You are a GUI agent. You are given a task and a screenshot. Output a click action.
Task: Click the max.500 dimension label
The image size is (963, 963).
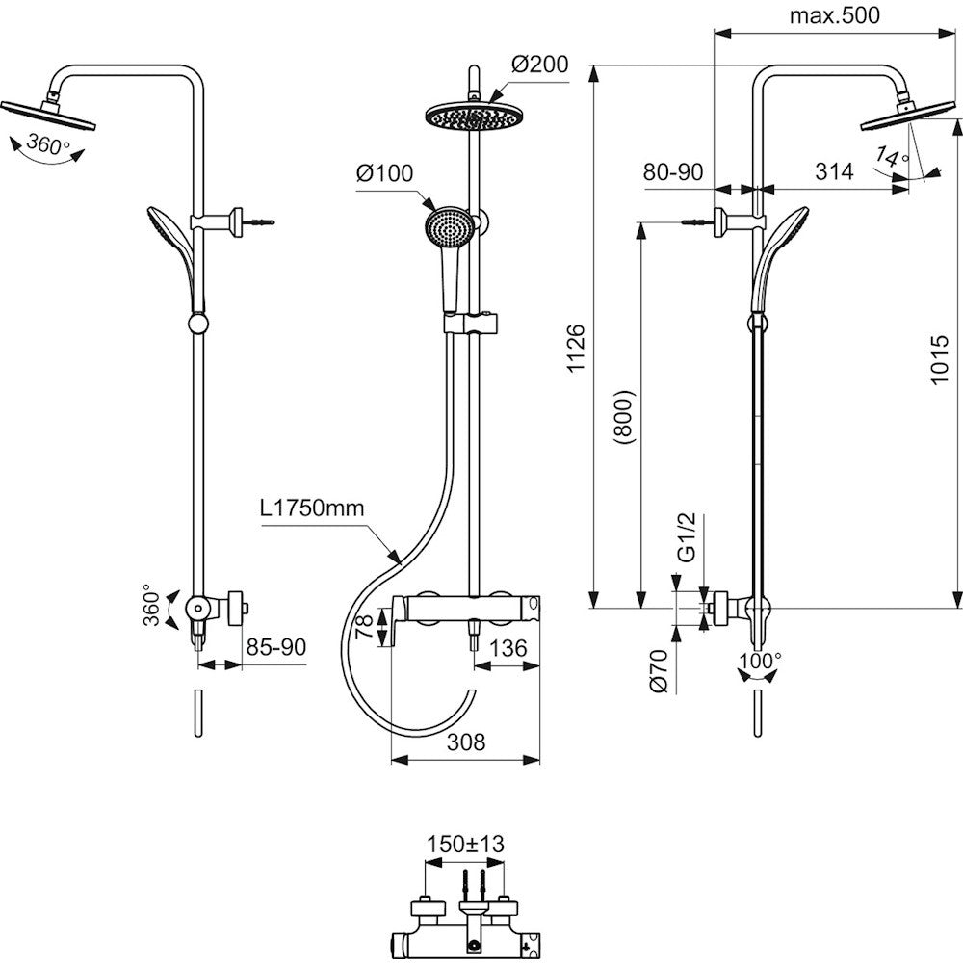pos(834,15)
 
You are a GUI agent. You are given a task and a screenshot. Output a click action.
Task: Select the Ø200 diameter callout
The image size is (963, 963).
pos(539,65)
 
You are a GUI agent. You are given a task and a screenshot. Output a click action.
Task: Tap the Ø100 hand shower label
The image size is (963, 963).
pos(383,174)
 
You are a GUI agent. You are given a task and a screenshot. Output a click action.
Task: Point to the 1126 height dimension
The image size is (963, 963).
pos(575,349)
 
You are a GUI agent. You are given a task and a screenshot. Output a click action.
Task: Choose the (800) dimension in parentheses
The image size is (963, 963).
pos(623,416)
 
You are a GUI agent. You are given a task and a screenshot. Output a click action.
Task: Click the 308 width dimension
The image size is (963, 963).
pos(465,742)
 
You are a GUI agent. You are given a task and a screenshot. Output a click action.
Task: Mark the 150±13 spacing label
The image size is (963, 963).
pos(466,844)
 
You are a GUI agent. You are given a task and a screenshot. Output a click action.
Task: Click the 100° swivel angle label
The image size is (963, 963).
pos(761,661)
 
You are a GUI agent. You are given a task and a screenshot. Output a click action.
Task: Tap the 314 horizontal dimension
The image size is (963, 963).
pos(834,172)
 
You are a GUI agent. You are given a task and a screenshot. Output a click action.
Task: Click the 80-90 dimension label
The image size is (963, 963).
pos(674,172)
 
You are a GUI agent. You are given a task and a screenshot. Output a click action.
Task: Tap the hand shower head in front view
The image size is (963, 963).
pos(448,227)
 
